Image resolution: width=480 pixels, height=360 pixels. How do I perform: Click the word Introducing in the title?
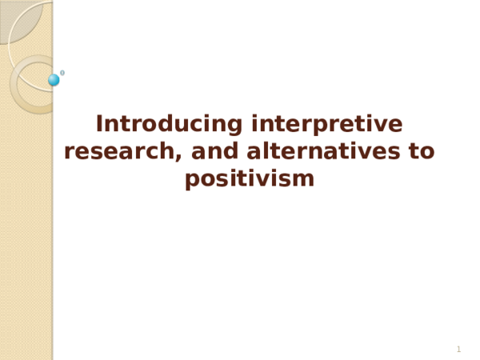click(x=170, y=125)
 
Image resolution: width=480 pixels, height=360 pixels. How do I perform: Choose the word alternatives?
click(x=324, y=151)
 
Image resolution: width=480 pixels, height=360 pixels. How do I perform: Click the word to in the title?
click(x=422, y=151)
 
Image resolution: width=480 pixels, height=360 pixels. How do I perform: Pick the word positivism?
click(x=250, y=178)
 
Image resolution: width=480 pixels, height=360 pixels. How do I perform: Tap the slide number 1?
click(x=458, y=350)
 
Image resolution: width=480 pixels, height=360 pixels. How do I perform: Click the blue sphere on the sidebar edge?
click(x=54, y=80)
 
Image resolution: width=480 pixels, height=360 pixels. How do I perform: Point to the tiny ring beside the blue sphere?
click(x=62, y=73)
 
